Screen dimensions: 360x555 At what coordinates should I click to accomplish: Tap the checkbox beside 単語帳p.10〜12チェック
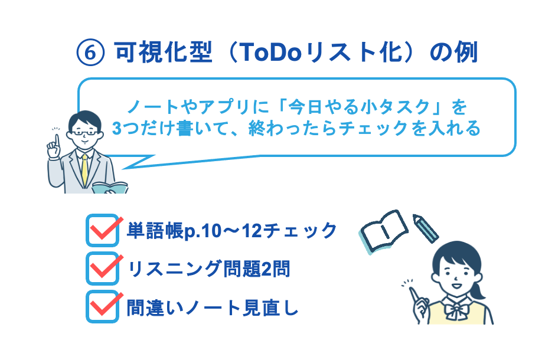point(102,231)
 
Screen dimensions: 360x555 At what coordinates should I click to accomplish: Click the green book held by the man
point(110,188)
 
